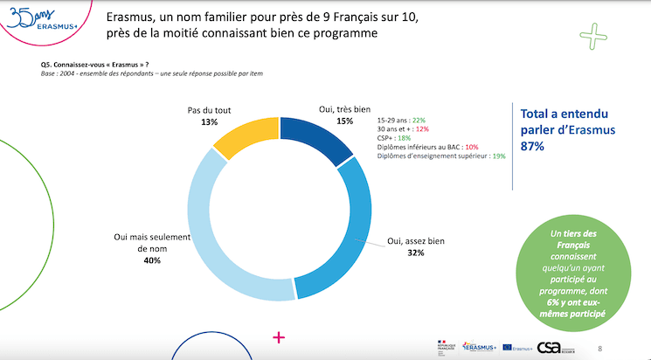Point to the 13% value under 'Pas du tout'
(x=209, y=122)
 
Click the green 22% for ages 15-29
(x=418, y=120)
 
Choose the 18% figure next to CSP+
(x=404, y=138)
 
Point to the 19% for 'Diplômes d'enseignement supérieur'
(x=499, y=156)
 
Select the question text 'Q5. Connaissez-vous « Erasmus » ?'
(x=94, y=65)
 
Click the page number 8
(x=599, y=348)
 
